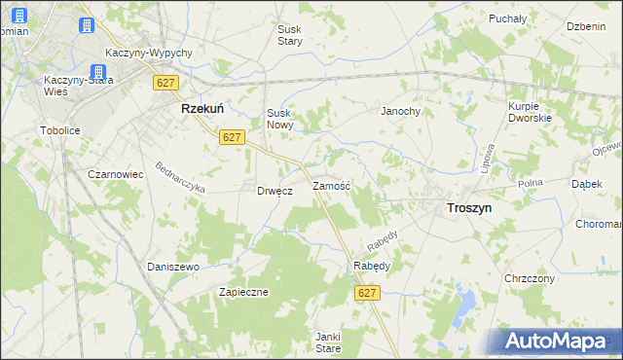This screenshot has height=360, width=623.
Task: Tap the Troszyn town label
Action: [x=468, y=207]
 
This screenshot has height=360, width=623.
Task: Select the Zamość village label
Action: [x=331, y=185]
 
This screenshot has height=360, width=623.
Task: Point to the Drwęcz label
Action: [x=275, y=191]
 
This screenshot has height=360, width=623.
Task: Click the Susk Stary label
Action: [x=290, y=36]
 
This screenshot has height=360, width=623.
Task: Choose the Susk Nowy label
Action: [x=280, y=119]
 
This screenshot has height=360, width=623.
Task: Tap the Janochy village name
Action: [x=400, y=111]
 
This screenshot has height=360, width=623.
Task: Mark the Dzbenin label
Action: [x=587, y=26]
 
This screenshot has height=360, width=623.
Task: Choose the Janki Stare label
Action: [x=327, y=342]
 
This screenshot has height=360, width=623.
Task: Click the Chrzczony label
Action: [x=530, y=278]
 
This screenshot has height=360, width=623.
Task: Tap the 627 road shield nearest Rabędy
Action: [x=366, y=293]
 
